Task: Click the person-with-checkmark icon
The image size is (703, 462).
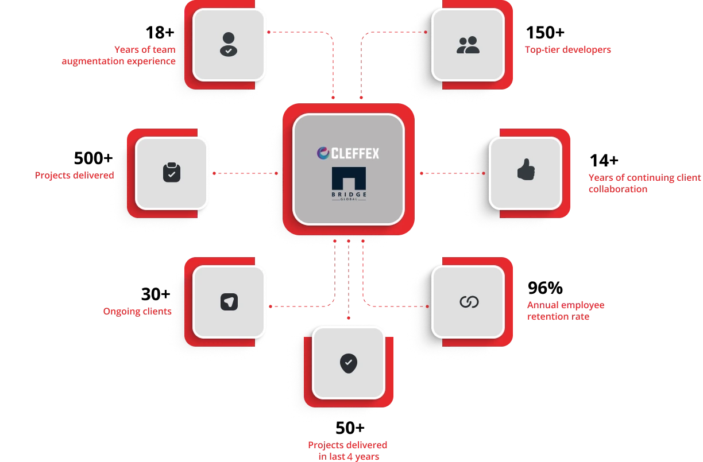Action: click(229, 44)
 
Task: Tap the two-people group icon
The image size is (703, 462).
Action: click(468, 45)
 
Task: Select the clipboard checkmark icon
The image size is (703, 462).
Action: click(171, 172)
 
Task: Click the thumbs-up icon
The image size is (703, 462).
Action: click(526, 170)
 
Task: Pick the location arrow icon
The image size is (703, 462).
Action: click(229, 302)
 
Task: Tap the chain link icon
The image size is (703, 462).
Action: click(469, 302)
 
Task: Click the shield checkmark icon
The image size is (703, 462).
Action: click(348, 363)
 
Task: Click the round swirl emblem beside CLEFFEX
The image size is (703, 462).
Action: click(323, 153)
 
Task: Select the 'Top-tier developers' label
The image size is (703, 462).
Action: click(567, 50)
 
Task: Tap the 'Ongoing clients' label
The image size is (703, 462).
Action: click(137, 312)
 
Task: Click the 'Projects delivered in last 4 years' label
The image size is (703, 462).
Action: click(348, 451)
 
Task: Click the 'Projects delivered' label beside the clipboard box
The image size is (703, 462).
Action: click(74, 175)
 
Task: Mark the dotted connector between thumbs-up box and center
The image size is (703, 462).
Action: click(452, 173)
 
